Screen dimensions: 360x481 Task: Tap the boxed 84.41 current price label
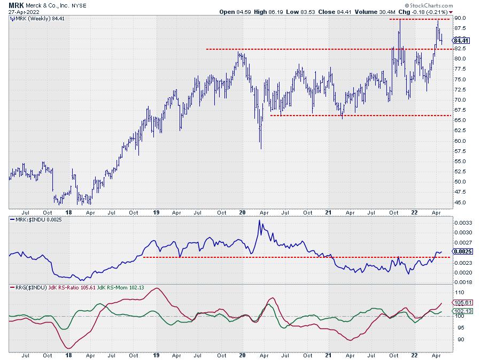[461, 41]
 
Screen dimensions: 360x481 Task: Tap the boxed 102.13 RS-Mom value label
[461, 311]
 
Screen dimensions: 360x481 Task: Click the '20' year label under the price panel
[243, 212]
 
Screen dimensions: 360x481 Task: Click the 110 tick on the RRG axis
[458, 293]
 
